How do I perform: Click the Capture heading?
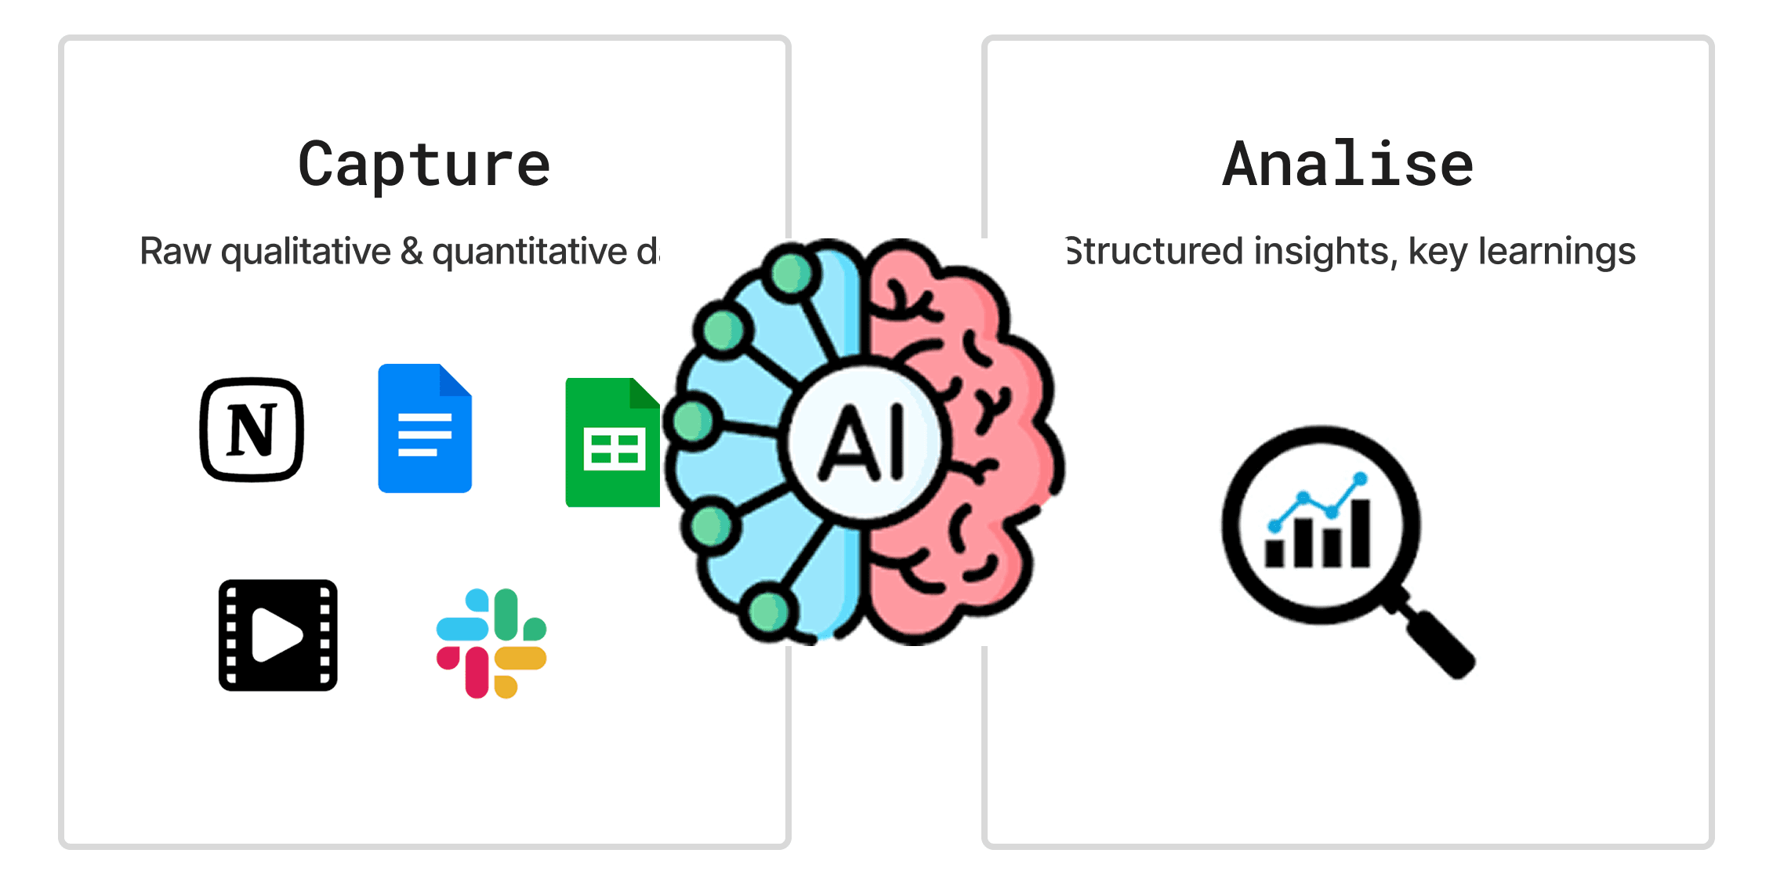pyautogui.click(x=424, y=165)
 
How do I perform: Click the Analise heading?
pyautogui.click(x=1347, y=165)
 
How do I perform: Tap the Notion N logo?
pyautogui.click(x=252, y=430)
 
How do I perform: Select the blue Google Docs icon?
pyautogui.click(x=424, y=429)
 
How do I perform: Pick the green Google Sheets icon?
pyautogui.click(x=612, y=443)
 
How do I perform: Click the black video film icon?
pyautogui.click(x=277, y=635)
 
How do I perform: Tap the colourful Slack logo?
pyautogui.click(x=491, y=643)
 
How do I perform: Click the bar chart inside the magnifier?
pyautogui.click(x=1318, y=533)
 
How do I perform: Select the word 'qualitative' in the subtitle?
pyautogui.click(x=306, y=252)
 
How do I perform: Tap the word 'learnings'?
pyautogui.click(x=1557, y=252)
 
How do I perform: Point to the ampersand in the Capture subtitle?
pyautogui.click(x=412, y=252)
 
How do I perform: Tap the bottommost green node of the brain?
pyautogui.click(x=769, y=612)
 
